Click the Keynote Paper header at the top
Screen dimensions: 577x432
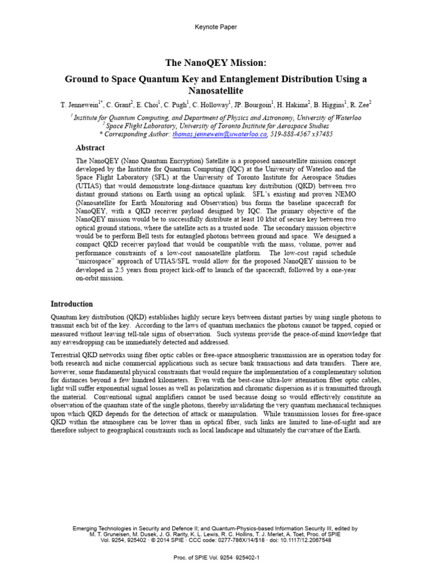(x=215, y=26)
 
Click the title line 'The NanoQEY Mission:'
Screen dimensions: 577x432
(x=215, y=63)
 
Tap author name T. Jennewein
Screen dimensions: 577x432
(x=80, y=105)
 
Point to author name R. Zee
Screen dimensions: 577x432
(x=360, y=105)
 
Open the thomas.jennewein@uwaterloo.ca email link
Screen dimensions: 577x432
(x=219, y=134)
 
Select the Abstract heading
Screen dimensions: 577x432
(x=90, y=148)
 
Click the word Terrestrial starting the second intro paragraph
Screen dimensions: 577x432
(x=66, y=354)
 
